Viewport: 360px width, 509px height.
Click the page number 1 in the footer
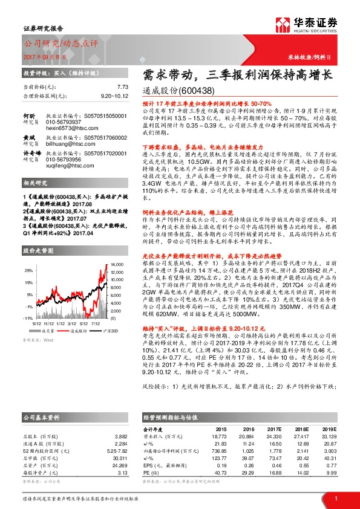point(335,498)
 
